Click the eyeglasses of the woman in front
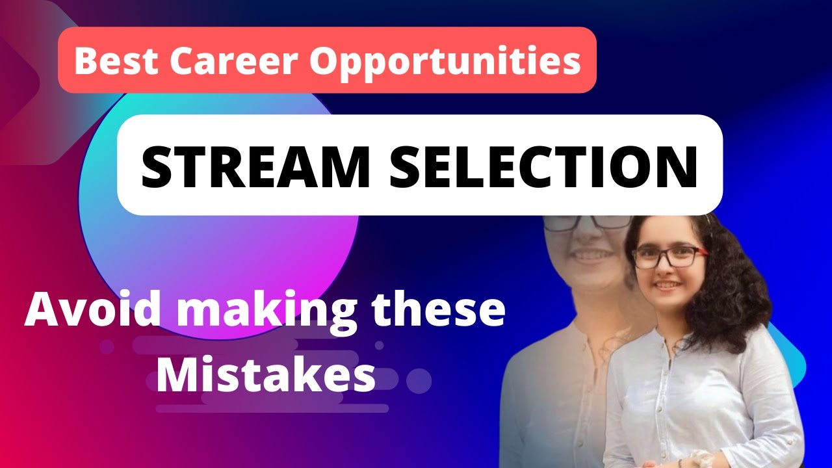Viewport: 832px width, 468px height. tap(669, 257)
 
